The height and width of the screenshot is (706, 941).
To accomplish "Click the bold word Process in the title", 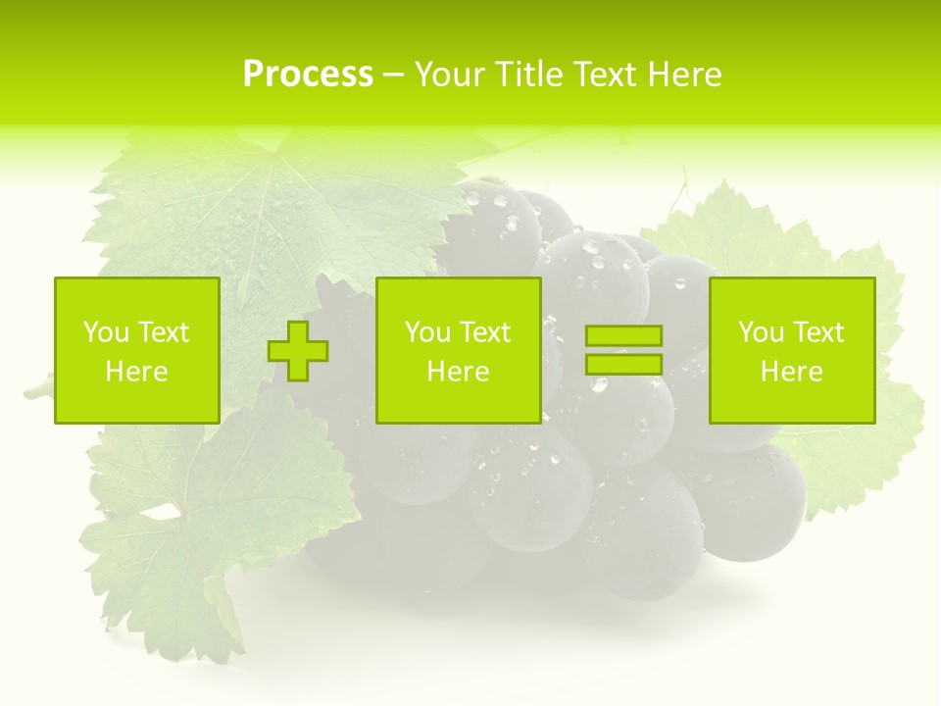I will click(308, 75).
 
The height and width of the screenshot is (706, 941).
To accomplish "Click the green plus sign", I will click(298, 351).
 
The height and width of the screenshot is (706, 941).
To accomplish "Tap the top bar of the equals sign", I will click(623, 335).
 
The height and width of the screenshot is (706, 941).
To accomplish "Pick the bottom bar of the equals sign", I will click(623, 364).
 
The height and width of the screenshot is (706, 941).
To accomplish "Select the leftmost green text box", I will click(137, 350).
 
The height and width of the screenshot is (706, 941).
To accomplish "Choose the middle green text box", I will click(459, 350).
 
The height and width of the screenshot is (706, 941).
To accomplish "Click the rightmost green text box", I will click(792, 350).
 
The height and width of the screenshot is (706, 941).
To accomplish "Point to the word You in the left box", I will click(106, 332).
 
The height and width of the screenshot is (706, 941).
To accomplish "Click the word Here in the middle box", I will click(459, 372).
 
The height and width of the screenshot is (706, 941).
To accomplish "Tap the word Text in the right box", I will click(818, 332).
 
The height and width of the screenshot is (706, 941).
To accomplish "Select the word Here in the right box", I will click(792, 372).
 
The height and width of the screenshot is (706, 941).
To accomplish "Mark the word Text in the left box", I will click(163, 332).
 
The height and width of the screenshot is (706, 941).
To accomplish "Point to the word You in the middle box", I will click(427, 332).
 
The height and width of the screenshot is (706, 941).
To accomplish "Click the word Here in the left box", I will click(137, 372).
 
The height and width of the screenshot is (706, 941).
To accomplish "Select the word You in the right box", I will click(761, 332).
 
